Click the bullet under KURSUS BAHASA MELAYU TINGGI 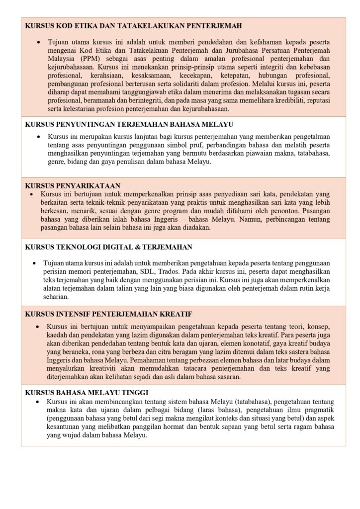(x=39, y=401)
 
